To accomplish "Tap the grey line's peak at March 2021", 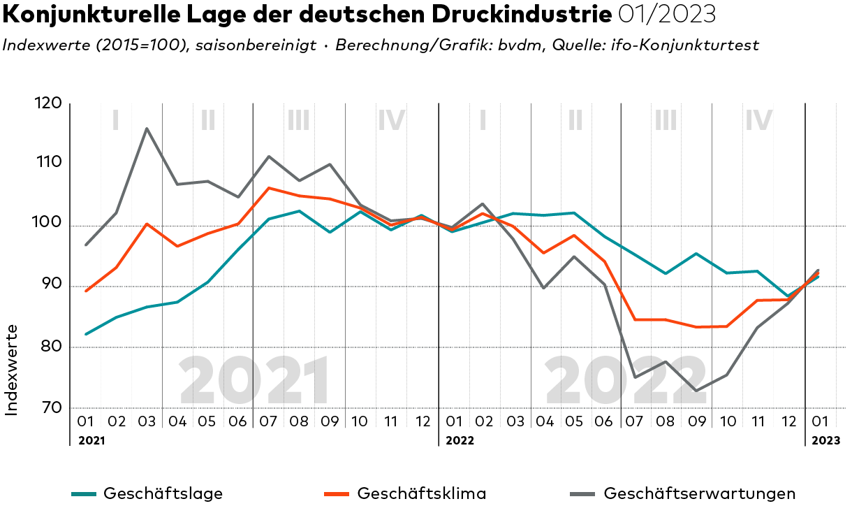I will [147, 129].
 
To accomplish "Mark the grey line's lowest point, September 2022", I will [698, 391].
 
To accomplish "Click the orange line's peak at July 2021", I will [269, 187].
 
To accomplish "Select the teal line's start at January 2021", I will [86, 334].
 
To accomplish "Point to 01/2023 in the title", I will [666, 13].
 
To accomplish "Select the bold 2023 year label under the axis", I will [825, 440].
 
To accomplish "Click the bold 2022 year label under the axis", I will [460, 440].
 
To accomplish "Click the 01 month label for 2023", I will [821, 421].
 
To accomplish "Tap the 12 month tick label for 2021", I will [422, 421].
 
